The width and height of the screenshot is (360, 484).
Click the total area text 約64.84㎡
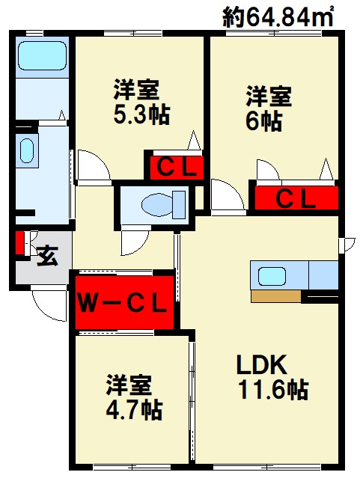278,16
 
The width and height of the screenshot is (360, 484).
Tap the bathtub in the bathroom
43,55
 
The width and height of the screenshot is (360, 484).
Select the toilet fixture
164,204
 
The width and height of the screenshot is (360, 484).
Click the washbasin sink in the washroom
26,150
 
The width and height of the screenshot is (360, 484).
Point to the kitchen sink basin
272,276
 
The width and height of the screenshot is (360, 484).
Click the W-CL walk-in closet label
122,304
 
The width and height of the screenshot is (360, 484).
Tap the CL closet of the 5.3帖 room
177,168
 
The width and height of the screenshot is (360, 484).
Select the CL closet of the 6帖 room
296,198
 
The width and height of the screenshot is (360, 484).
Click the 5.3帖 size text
141,114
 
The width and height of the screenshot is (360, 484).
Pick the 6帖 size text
264,120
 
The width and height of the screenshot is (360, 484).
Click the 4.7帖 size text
134,410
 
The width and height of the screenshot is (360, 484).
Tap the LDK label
262,365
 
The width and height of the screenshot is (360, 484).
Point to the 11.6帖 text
274,390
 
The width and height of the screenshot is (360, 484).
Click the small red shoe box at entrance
19,242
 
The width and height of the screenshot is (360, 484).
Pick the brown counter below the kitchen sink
275,296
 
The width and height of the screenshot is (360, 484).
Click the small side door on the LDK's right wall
347,245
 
